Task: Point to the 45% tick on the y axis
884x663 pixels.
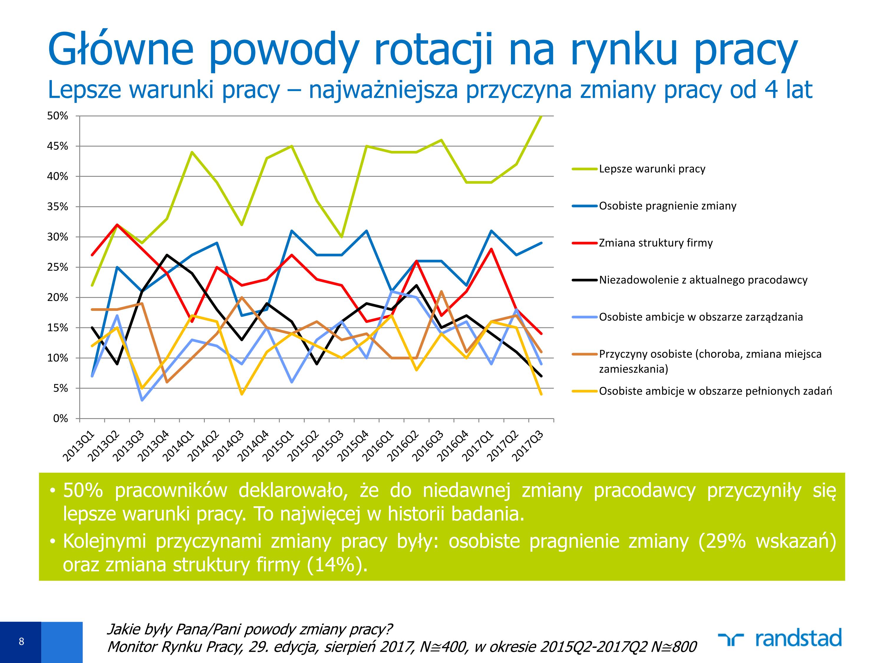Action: pos(58,146)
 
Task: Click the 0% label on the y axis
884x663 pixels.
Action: pos(61,418)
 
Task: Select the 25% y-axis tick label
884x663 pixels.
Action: pos(58,267)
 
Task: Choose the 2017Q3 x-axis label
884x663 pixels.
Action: pos(529,446)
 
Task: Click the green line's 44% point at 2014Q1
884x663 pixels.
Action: pos(192,152)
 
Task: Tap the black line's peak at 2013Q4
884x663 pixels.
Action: pos(167,255)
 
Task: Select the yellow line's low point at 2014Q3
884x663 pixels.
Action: pos(242,394)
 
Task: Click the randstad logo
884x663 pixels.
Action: pos(780,638)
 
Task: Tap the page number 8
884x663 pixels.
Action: pos(21,641)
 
